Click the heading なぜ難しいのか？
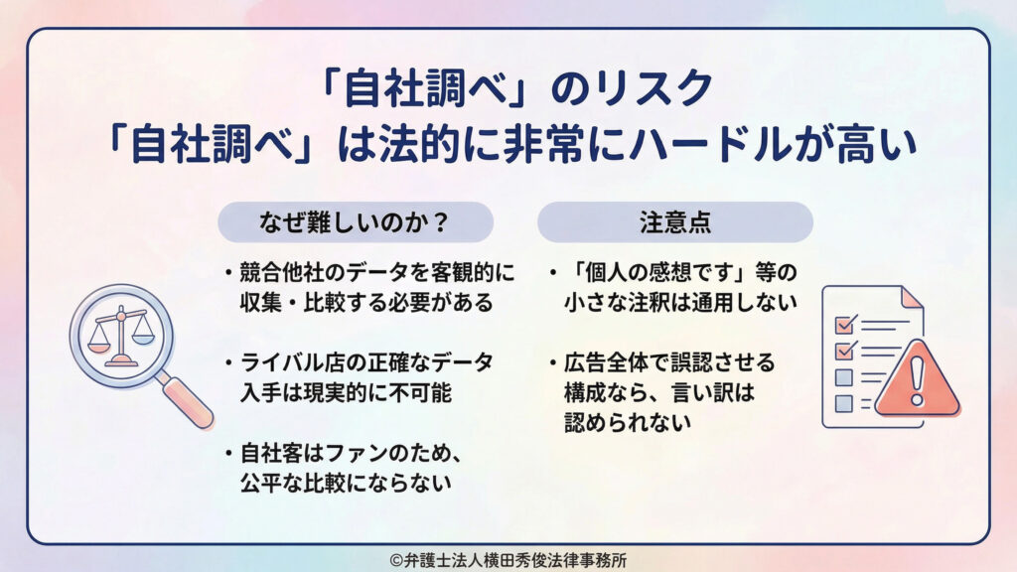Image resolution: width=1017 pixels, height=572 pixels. [x=355, y=222]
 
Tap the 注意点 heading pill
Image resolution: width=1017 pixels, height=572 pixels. [x=674, y=222]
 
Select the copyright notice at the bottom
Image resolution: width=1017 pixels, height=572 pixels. [x=508, y=559]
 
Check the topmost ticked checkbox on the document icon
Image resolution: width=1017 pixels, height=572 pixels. [x=844, y=325]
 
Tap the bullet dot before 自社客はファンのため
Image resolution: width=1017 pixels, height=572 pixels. [x=228, y=454]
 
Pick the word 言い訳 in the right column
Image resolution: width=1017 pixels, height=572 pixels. [x=709, y=392]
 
